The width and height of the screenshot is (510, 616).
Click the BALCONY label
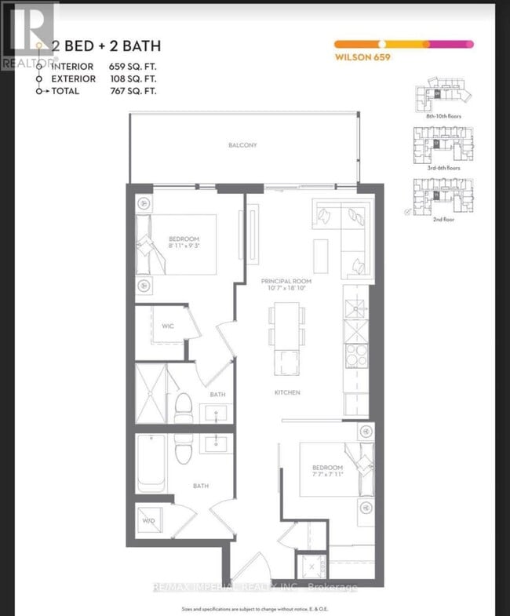[x=242, y=145]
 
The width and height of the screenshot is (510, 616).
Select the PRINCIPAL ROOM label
[x=288, y=280]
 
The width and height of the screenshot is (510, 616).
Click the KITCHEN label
[x=287, y=392]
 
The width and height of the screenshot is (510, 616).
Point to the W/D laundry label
[x=148, y=519]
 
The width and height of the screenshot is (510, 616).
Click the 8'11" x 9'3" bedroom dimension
[x=184, y=246]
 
